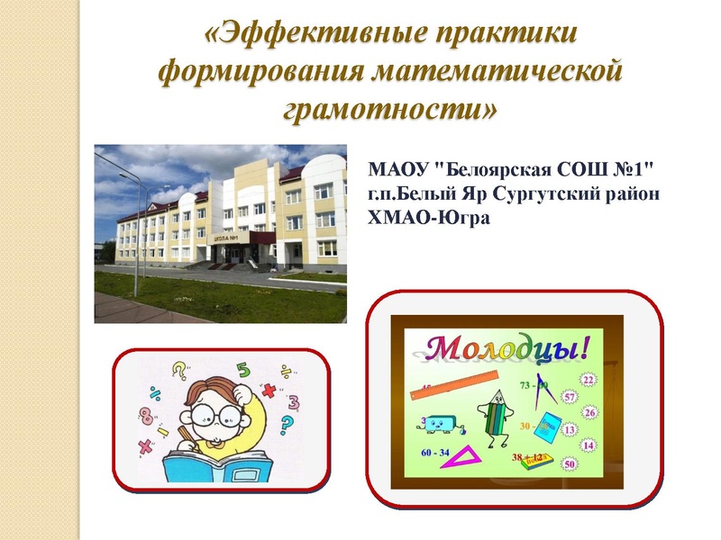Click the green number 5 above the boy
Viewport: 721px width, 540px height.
[242, 369]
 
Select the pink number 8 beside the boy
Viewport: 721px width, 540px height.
[146, 417]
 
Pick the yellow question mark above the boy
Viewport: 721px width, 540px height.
[178, 370]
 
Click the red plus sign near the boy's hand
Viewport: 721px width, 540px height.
[269, 390]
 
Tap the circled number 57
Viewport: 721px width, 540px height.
[569, 397]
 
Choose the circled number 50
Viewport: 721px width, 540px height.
[569, 464]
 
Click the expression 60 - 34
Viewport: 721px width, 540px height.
[434, 452]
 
